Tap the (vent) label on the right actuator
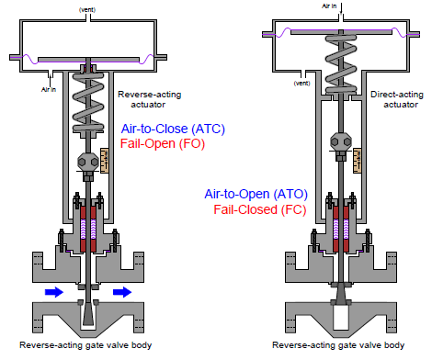point(301,83)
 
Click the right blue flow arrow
point(119,291)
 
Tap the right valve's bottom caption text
point(339,345)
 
